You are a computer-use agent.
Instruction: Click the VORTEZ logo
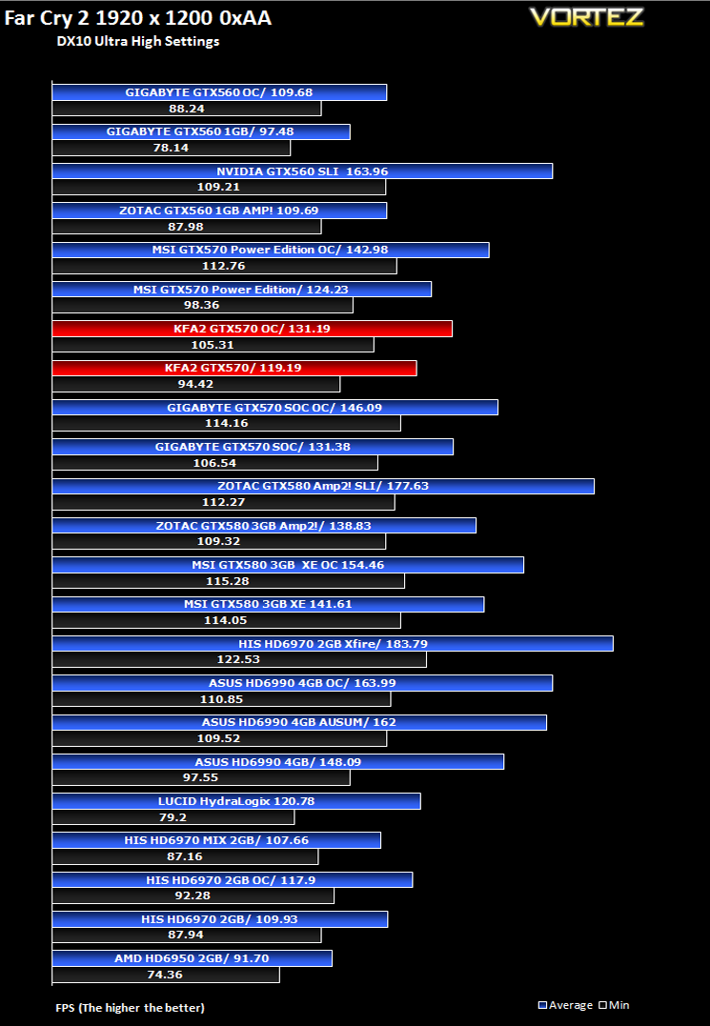pyautogui.click(x=586, y=17)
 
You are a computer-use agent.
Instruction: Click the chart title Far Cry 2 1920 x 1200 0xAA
pyautogui.click(x=138, y=18)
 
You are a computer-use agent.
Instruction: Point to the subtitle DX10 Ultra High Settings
pyautogui.click(x=138, y=41)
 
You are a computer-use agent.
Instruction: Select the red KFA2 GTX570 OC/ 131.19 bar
pyautogui.click(x=252, y=329)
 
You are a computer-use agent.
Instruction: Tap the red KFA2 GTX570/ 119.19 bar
pyautogui.click(x=234, y=368)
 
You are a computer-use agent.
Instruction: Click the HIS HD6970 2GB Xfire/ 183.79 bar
pyautogui.click(x=333, y=644)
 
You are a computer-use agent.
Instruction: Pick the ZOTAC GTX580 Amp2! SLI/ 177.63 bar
pyautogui.click(x=323, y=486)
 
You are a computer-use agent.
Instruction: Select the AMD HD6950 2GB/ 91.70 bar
pyautogui.click(x=192, y=958)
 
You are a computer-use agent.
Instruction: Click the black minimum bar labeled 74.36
pyautogui.click(x=166, y=975)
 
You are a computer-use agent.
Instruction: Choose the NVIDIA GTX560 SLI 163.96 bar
pyautogui.click(x=302, y=171)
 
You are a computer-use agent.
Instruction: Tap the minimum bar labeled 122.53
pyautogui.click(x=239, y=659)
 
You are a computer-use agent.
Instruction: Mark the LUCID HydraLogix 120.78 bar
pyautogui.click(x=236, y=801)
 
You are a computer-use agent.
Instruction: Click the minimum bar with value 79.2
pyautogui.click(x=173, y=817)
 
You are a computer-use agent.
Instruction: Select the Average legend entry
pyautogui.click(x=565, y=1005)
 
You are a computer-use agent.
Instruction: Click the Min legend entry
pyautogui.click(x=614, y=1005)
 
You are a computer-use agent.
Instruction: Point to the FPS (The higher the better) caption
pyautogui.click(x=131, y=1008)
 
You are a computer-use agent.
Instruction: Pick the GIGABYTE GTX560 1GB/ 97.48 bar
pyautogui.click(x=201, y=131)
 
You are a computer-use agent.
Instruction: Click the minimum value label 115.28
pyautogui.click(x=228, y=581)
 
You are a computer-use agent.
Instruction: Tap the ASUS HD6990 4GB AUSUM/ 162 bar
pyautogui.click(x=299, y=722)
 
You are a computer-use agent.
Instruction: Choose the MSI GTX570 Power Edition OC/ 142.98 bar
pyautogui.click(x=271, y=250)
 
